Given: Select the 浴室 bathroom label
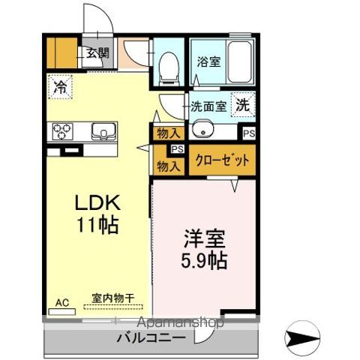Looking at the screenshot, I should (x=209, y=63).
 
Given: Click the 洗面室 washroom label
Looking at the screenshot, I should (x=208, y=106).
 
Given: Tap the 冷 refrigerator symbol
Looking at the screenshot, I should (x=59, y=87).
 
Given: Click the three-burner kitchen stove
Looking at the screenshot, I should (x=61, y=132).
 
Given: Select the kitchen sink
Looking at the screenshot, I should (x=102, y=132).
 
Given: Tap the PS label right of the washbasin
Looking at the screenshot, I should (x=248, y=133).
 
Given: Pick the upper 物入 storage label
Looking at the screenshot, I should (x=168, y=133).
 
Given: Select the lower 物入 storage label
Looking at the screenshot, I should (x=168, y=165).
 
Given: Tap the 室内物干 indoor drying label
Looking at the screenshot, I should (x=112, y=298).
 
